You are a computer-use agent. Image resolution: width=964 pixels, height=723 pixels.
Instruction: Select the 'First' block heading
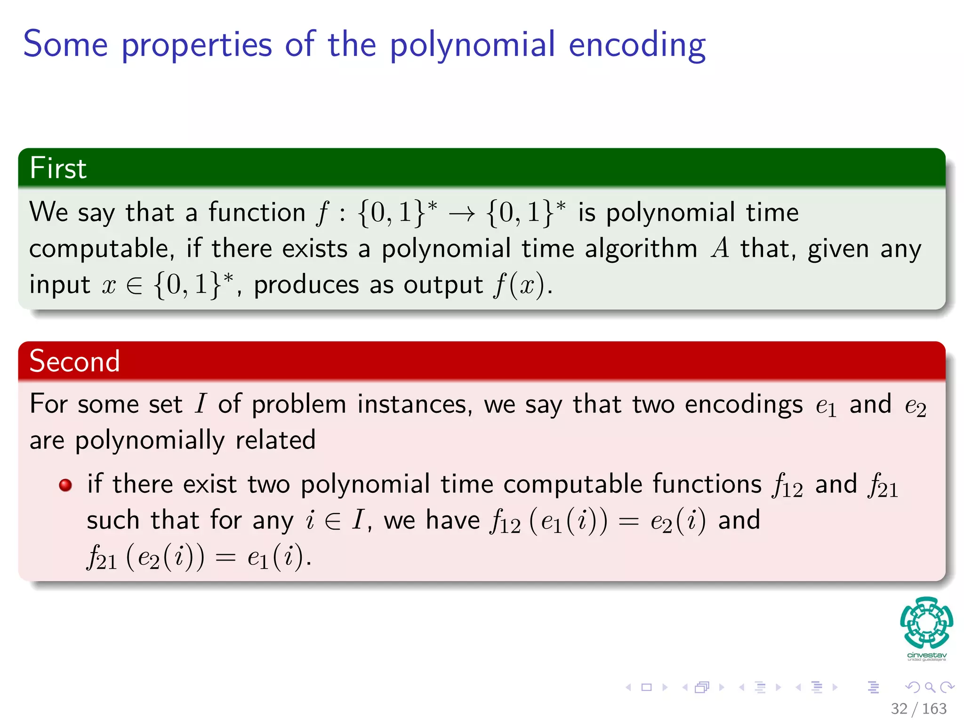(58, 168)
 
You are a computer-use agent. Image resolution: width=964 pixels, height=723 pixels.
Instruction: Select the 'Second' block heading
(74, 361)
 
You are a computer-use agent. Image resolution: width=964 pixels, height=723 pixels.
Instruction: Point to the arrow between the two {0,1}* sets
(462, 214)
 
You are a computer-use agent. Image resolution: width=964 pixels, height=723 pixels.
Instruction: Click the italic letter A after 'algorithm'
(720, 248)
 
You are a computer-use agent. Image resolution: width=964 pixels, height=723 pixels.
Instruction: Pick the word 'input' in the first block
(59, 285)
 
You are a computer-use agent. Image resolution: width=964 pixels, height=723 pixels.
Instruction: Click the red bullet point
(65, 485)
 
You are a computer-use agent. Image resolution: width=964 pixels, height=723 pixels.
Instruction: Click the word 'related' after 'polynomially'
(275, 441)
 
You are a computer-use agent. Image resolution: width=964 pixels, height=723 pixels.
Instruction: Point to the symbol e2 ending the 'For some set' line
(915, 406)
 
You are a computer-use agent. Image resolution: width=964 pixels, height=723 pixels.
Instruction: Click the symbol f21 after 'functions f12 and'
(884, 486)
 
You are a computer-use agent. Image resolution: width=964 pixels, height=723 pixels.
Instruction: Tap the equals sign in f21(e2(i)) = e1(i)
(225, 558)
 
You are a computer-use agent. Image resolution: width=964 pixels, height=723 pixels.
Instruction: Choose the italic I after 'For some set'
(201, 404)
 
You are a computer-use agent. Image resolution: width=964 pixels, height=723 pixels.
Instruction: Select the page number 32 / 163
(918, 708)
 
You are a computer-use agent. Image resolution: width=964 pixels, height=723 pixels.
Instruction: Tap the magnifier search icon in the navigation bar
(930, 687)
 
